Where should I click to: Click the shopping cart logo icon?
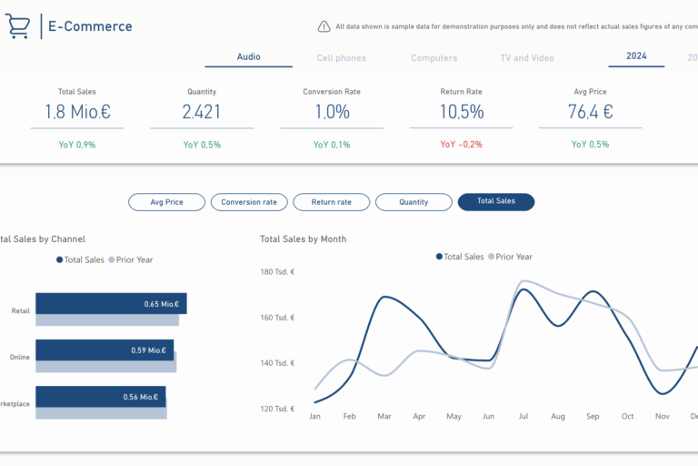17,26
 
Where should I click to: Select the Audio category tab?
248,57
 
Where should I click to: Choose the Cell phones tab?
341,58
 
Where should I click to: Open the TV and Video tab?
526,58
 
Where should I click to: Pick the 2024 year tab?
636,56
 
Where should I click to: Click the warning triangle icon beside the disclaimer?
324,27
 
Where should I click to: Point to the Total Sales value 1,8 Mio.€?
76,112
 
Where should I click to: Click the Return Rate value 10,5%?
461,112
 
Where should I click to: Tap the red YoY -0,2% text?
461,145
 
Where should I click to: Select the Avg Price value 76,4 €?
590,112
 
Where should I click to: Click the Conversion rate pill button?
248,202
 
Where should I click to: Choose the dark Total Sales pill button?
495,202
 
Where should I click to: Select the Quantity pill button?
414,202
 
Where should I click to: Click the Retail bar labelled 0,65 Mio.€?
110,304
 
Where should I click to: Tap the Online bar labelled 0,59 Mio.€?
104,349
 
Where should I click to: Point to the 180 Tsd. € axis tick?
277,272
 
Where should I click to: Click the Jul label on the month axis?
523,417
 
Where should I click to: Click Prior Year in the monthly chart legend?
514,257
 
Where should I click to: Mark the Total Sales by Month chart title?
303,239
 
